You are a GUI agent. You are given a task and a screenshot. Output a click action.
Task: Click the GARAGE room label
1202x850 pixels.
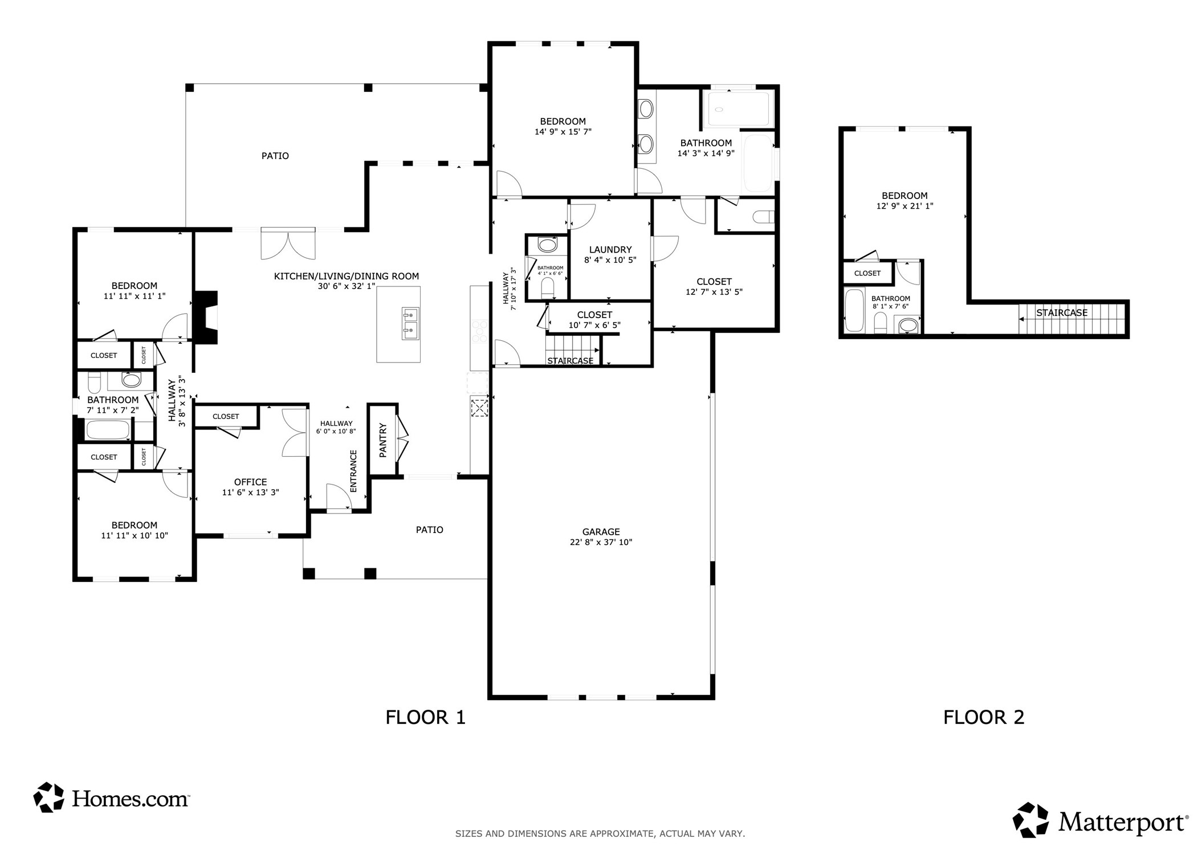(601, 531)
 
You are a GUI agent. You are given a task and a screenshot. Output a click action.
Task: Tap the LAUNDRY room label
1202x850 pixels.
(610, 249)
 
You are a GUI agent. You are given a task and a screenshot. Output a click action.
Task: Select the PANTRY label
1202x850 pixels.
(383, 440)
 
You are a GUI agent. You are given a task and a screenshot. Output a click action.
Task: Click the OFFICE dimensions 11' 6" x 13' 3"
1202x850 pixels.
(250, 492)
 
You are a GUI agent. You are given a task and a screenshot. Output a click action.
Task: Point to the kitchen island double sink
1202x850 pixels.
(410, 323)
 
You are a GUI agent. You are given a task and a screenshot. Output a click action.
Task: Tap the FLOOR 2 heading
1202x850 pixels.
(983, 717)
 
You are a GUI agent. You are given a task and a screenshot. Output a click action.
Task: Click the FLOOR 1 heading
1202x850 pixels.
(425, 717)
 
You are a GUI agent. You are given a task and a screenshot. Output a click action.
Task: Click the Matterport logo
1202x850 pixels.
(1100, 820)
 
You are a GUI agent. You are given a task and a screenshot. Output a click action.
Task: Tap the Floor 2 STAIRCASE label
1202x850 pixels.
(1061, 312)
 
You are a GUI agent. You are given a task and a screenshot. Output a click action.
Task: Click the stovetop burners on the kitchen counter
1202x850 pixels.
(479, 331)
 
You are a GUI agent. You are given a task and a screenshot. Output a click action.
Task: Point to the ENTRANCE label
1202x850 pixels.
(353, 471)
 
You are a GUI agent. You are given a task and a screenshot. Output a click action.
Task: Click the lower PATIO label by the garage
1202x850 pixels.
(429, 530)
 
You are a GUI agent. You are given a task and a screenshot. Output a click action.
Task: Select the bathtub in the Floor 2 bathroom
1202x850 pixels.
(854, 310)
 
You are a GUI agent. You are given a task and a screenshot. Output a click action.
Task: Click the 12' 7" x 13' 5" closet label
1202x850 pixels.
(714, 291)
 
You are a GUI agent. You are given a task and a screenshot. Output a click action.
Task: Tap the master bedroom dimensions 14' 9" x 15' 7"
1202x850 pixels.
(563, 131)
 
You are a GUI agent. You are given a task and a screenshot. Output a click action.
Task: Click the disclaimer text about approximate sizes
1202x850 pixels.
(600, 833)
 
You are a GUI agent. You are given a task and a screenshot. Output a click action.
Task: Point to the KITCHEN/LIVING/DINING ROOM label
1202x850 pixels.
(346, 276)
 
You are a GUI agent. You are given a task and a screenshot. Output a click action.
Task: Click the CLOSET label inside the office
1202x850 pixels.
(226, 416)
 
